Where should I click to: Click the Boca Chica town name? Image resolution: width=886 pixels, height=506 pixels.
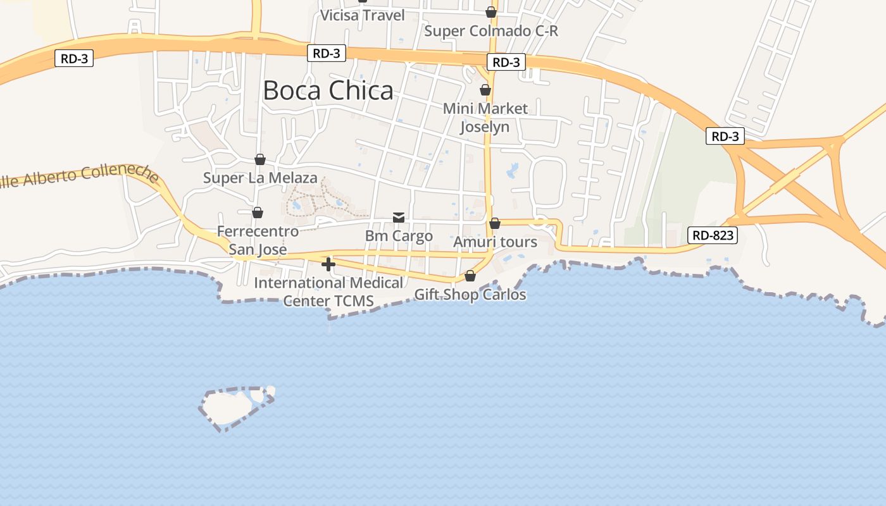[328, 90]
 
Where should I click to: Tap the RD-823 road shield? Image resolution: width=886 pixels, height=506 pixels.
[713, 236]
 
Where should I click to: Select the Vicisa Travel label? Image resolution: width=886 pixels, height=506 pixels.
[363, 15]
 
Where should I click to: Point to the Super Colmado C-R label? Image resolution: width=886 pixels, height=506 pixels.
[491, 31]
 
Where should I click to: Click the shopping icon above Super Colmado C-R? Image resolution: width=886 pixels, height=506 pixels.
[490, 12]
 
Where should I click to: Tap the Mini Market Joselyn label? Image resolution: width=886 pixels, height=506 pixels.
[485, 118]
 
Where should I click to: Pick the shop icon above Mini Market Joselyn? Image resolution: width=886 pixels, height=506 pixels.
[485, 90]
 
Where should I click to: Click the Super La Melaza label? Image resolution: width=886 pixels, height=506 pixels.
[260, 178]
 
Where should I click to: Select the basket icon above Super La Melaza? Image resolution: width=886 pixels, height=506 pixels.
[260, 159]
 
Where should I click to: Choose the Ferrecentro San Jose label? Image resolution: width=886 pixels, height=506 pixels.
[258, 240]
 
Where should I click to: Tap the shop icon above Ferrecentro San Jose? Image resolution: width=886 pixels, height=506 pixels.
[258, 213]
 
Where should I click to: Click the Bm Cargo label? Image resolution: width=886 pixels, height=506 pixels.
[399, 236]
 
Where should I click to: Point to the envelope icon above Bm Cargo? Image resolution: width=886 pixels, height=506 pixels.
[399, 218]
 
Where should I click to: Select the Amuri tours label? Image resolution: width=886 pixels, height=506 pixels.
[495, 242]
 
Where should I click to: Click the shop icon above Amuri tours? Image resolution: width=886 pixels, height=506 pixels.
[495, 223]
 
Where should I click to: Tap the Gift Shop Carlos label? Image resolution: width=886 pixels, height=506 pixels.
[470, 295]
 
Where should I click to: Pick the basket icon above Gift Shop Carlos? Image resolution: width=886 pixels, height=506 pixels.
[470, 276]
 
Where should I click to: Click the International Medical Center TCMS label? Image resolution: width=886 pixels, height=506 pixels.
[328, 292]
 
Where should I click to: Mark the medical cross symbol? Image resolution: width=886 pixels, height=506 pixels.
[328, 264]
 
